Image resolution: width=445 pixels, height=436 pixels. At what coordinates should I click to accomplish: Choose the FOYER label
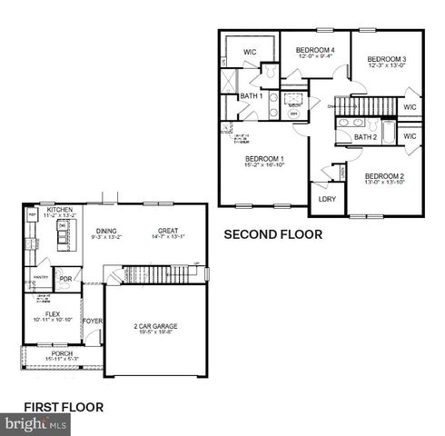[93, 321]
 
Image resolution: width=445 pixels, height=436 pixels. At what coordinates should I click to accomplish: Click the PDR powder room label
[65, 280]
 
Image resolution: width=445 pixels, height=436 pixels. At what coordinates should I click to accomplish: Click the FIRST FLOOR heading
[64, 406]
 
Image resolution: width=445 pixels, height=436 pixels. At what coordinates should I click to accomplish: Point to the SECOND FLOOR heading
[273, 233]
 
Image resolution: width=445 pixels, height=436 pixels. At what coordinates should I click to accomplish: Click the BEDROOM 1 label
[263, 158]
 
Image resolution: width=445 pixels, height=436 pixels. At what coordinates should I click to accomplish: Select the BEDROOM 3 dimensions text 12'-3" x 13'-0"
[386, 65]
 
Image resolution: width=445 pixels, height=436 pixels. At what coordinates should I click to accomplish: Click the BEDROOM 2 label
[384, 175]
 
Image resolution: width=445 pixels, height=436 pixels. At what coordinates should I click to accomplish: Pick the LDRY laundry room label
[327, 199]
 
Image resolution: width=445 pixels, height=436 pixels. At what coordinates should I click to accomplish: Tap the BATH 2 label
[365, 137]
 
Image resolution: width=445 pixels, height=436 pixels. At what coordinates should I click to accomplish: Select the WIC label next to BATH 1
[250, 53]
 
